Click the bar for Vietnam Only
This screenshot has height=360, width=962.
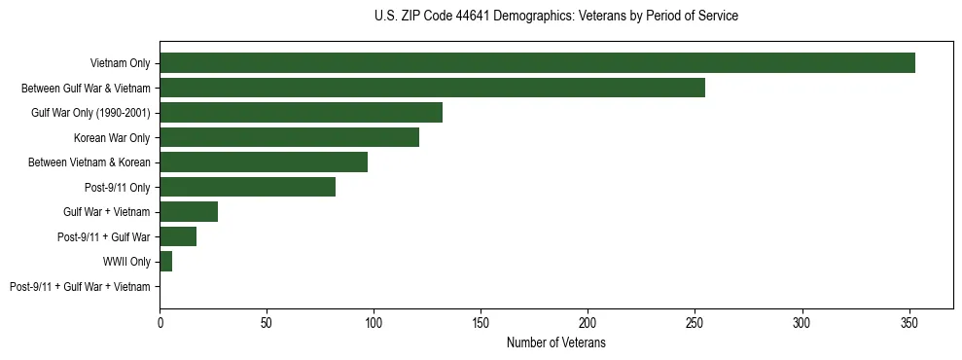click(x=537, y=63)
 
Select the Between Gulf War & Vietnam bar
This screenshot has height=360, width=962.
click(x=432, y=88)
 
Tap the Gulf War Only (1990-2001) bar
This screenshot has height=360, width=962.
click(x=301, y=113)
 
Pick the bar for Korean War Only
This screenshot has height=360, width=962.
click(x=289, y=137)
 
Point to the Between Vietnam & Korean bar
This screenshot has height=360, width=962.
click(x=264, y=162)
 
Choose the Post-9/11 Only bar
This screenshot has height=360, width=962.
click(x=247, y=187)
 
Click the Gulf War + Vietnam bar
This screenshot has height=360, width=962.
click(x=189, y=212)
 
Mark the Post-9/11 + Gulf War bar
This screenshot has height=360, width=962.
click(x=178, y=236)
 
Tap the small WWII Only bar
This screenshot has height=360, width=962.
click(x=165, y=262)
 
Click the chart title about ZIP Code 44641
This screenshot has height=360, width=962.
click(x=555, y=17)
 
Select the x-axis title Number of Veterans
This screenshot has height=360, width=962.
click(x=555, y=342)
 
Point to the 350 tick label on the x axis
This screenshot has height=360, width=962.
click(x=909, y=321)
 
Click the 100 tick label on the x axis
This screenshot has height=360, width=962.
click(x=374, y=321)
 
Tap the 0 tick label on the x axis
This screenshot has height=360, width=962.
click(x=160, y=321)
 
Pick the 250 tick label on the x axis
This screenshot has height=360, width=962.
click(x=695, y=321)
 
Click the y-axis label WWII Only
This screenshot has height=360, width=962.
click(x=126, y=262)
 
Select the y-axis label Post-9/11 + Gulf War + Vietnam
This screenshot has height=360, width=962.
click(x=80, y=287)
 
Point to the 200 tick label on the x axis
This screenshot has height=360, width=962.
click(x=588, y=321)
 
